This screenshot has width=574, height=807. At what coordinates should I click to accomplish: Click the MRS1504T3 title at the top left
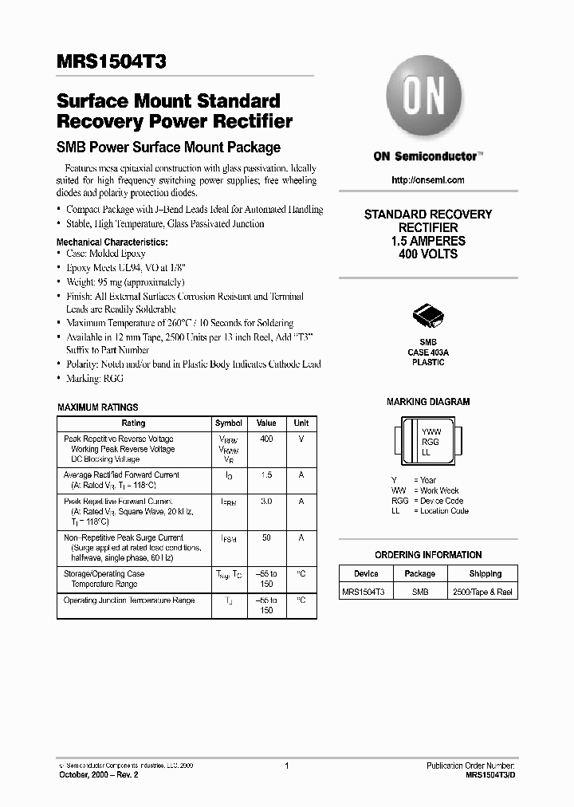pyautogui.click(x=112, y=62)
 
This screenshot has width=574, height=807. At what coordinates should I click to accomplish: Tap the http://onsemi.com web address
pyautogui.click(x=428, y=180)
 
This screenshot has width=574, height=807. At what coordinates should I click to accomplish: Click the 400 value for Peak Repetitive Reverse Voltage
pyautogui.click(x=266, y=439)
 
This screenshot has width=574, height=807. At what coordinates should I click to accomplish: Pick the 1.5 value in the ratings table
pyautogui.click(x=266, y=475)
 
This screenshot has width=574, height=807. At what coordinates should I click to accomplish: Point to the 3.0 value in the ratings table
pyautogui.click(x=266, y=502)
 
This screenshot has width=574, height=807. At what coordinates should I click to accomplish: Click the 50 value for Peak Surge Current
pyautogui.click(x=266, y=538)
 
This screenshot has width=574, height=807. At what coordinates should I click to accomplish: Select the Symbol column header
pyautogui.click(x=229, y=423)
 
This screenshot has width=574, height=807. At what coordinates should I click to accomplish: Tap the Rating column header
pyautogui.click(x=133, y=423)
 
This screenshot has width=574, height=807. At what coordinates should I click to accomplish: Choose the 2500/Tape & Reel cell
pyautogui.click(x=482, y=592)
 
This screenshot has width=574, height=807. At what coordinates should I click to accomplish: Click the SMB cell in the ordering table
pyautogui.click(x=419, y=592)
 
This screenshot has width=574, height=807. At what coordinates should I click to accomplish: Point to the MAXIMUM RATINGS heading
pyautogui.click(x=97, y=407)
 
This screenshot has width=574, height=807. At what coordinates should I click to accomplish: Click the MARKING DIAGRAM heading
pyautogui.click(x=428, y=402)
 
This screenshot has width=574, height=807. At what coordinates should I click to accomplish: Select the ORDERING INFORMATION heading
pyautogui.click(x=428, y=555)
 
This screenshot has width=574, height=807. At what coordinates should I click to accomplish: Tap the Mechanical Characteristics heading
pyautogui.click(x=112, y=242)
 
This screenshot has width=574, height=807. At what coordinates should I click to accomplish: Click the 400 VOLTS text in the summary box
pyautogui.click(x=428, y=254)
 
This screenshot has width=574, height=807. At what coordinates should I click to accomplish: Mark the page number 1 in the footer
pyautogui.click(x=285, y=766)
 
